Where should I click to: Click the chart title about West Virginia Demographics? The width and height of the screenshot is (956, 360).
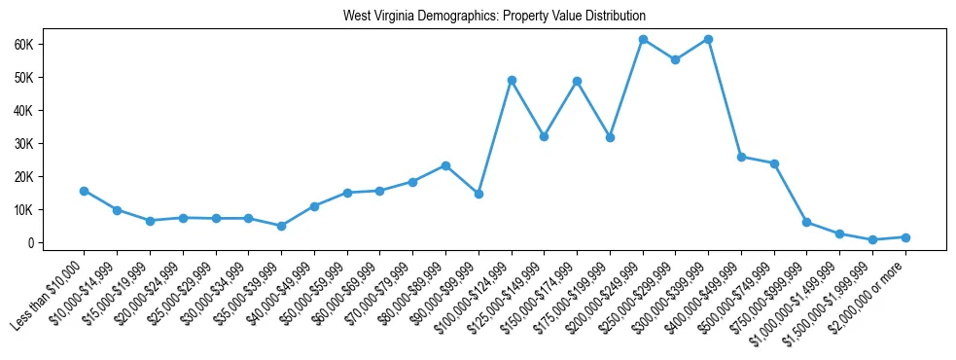(x=494, y=17)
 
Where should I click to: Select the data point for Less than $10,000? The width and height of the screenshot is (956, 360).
(x=84, y=191)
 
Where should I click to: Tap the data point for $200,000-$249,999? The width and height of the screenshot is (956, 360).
(x=643, y=39)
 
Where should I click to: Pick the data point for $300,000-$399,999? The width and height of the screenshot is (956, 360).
(x=708, y=39)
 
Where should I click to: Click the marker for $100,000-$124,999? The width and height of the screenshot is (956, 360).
(x=512, y=80)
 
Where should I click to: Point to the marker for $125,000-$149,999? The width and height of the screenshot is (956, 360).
(x=544, y=136)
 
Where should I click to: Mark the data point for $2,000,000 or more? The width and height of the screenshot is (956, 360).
(x=905, y=237)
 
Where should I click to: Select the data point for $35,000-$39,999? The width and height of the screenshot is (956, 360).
(x=281, y=226)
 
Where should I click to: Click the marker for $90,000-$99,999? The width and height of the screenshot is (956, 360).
(x=478, y=194)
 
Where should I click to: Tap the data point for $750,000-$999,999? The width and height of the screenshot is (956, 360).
(x=807, y=222)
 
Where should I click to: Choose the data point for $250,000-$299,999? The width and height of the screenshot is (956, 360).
(x=676, y=59)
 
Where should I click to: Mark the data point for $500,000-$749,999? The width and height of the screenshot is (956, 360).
(x=774, y=163)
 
